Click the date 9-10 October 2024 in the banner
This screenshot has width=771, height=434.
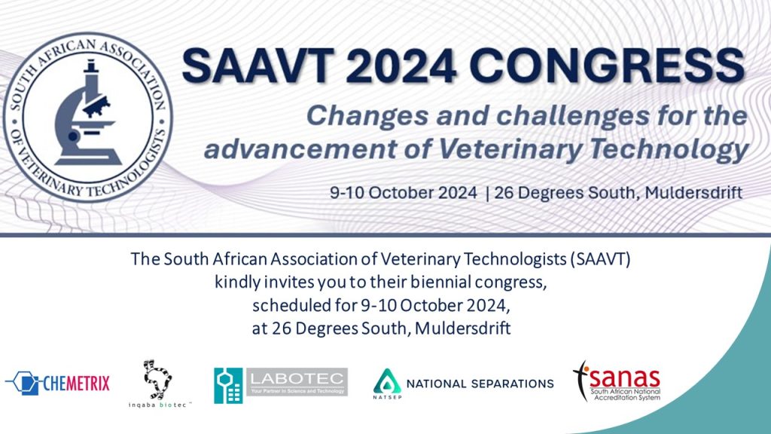pyautogui.click(x=404, y=192)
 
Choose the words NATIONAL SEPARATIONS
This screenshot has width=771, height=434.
pyautogui.click(x=480, y=384)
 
